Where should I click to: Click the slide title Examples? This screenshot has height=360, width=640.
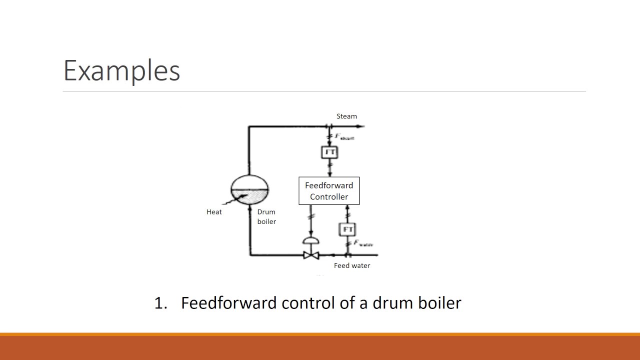pos(121,70)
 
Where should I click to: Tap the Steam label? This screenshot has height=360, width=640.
pos(346,116)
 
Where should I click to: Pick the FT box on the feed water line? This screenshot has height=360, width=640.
pos(348,229)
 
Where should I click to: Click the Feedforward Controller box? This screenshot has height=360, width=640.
pos(329,190)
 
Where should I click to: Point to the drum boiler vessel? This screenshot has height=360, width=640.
pos(249,189)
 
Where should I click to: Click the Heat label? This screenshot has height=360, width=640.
pos(214,212)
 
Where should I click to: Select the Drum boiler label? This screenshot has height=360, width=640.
pos(266,216)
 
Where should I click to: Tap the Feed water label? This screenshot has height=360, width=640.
pos(352,265)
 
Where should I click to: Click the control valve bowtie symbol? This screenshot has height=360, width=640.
pos(311,255)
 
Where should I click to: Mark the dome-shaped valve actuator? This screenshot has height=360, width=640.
pos(311,241)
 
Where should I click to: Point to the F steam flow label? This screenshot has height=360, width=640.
pos(344,136)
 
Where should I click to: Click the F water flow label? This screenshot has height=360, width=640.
pos(363,243)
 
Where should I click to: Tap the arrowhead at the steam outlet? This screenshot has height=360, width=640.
pos(362,126)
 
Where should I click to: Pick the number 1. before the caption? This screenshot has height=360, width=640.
pos(160,303)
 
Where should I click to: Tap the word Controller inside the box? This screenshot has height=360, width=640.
pos(329,196)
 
